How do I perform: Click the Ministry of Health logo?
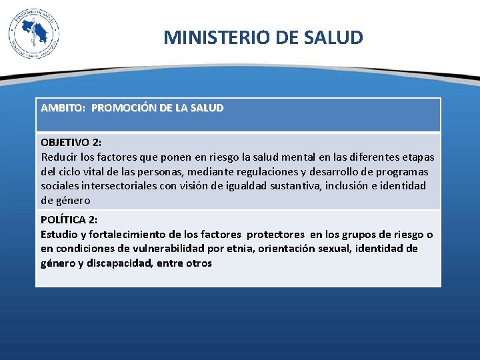tap(34, 33)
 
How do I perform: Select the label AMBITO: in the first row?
tap(63, 107)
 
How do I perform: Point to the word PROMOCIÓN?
tap(124, 107)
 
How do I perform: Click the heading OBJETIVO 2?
tap(71, 142)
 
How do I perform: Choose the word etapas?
tap(417, 157)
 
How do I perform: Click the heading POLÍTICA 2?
tap(69, 220)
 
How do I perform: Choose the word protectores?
tap(275, 234)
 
